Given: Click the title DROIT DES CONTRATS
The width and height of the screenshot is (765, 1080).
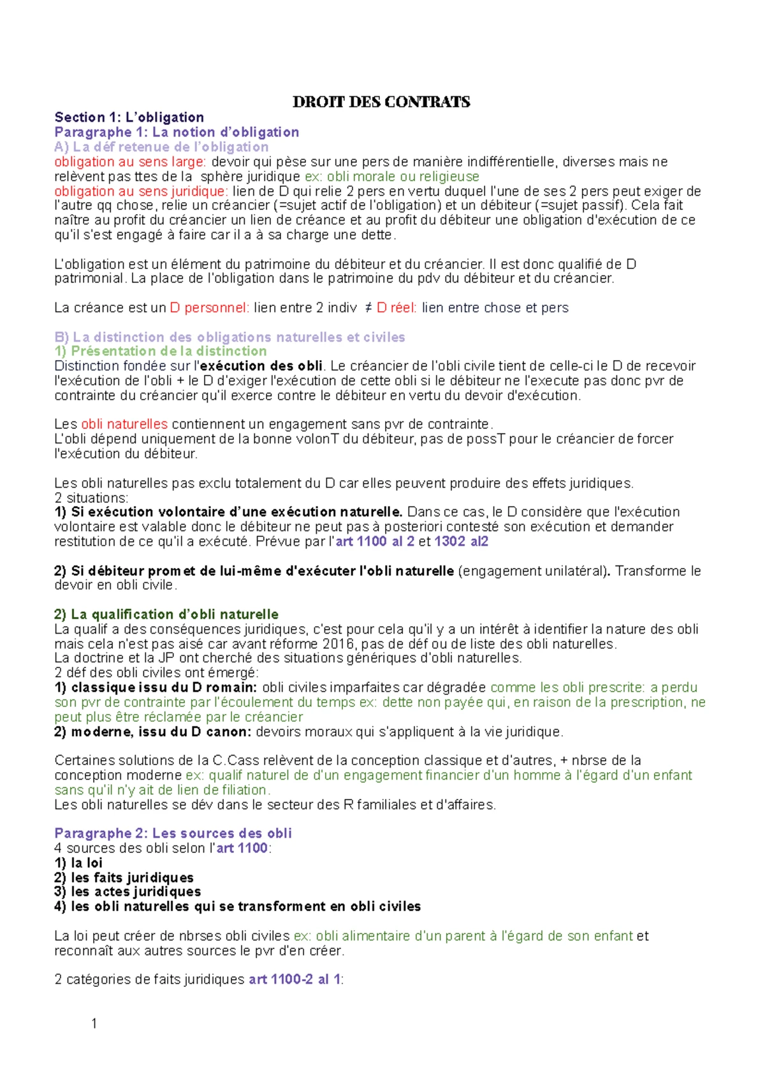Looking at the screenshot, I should [381, 102].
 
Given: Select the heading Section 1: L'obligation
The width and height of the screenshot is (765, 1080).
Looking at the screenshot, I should [129, 117].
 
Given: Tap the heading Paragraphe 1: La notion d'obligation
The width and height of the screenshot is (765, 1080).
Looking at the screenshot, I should [177, 132].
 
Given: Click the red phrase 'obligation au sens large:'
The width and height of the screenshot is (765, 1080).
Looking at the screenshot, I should [130, 162].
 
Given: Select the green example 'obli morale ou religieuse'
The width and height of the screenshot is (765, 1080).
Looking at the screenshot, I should [403, 177].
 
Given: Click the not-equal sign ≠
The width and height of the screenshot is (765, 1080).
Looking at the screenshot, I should [368, 308].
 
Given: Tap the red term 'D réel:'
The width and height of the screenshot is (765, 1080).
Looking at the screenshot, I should [397, 308].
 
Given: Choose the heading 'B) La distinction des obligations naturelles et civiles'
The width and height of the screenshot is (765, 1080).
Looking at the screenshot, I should [229, 337].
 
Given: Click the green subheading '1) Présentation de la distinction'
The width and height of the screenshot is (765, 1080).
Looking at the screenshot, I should [161, 351].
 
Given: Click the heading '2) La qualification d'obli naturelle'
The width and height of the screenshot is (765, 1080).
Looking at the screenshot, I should [166, 615].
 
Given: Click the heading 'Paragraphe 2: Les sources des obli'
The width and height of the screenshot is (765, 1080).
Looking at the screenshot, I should [173, 833].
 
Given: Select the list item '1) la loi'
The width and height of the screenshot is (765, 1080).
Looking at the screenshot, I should [78, 863].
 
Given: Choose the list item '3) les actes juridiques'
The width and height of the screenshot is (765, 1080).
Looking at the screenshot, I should [127, 892].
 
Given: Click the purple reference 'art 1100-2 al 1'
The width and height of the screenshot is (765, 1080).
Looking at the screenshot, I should [295, 980].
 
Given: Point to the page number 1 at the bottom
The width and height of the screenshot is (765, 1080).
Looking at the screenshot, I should [94, 1024].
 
